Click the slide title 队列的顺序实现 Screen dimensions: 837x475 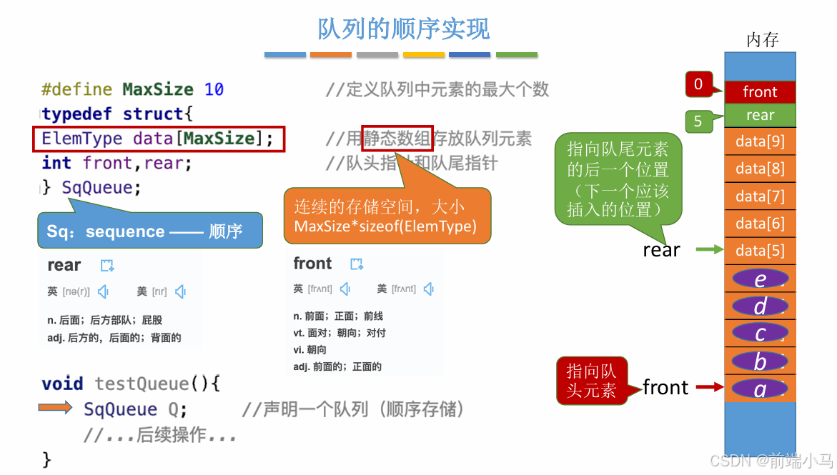pos(403,29)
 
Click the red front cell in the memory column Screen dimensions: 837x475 pos(760,92)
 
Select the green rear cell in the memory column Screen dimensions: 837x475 pos(760,115)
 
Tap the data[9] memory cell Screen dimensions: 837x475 pos(760,141)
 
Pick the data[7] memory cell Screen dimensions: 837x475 pos(760,196)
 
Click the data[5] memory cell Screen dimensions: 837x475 pos(760,251)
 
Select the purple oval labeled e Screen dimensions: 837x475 pos(760,279)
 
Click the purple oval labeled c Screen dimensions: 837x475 pos(760,334)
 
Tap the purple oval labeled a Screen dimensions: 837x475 pos(760,389)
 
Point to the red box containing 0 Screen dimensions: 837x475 pos(698,84)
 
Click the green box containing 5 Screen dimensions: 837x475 pos(698,121)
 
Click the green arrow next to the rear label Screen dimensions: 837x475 pos(710,249)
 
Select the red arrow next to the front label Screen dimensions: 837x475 pos(710,387)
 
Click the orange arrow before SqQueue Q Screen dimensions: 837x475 pos(55,408)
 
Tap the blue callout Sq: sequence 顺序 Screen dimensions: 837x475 pos(149,231)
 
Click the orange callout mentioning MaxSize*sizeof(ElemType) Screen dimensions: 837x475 pos(387,216)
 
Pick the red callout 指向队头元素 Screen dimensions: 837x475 pos(591,381)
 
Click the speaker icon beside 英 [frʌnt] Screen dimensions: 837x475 pos(346,289)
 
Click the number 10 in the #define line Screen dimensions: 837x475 pos(214,89)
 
